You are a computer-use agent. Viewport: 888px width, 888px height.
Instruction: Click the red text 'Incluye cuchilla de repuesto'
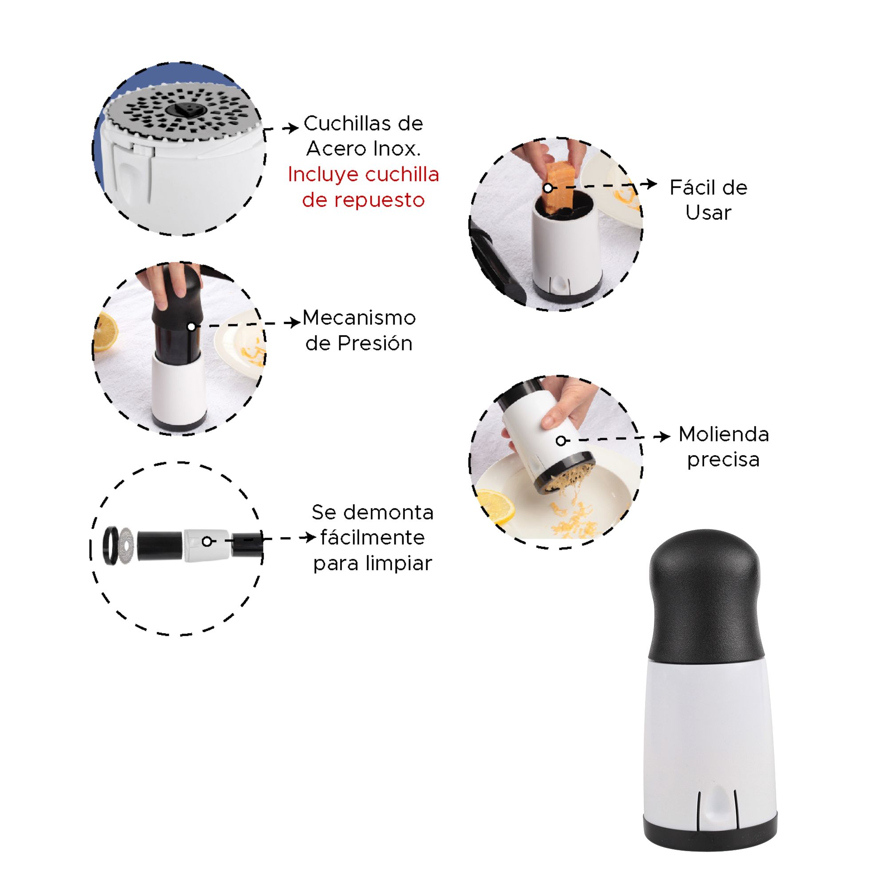pyautogui.click(x=363, y=187)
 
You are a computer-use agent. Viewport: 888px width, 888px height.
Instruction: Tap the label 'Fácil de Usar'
pyautogui.click(x=708, y=200)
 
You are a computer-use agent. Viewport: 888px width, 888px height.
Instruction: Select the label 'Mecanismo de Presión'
pyautogui.click(x=359, y=330)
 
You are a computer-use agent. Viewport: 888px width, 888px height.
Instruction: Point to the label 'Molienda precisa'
pyautogui.click(x=723, y=447)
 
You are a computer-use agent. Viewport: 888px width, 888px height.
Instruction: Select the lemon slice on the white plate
pyautogui.click(x=496, y=507)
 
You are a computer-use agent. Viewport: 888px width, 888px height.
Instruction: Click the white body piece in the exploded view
pyautogui.click(x=206, y=545)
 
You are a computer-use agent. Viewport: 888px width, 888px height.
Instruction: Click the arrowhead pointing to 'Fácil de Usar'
pyautogui.click(x=649, y=184)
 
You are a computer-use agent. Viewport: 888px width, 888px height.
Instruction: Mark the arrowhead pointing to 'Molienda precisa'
pyautogui.click(x=662, y=436)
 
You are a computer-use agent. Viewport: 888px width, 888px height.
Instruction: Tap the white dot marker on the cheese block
pyautogui.click(x=547, y=187)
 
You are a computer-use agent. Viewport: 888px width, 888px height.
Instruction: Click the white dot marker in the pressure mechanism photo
pyautogui.click(x=192, y=326)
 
